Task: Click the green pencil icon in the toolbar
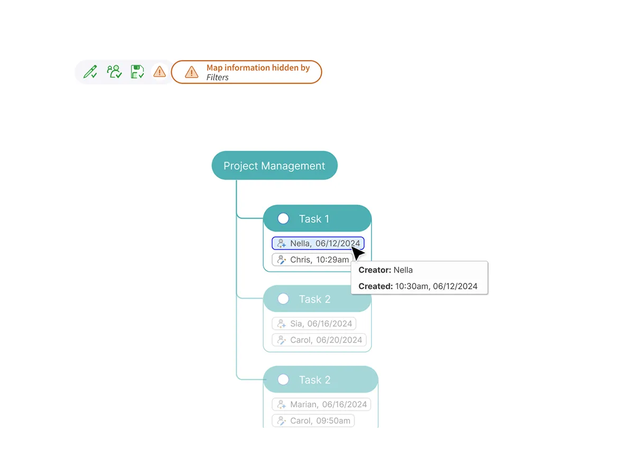[90, 72]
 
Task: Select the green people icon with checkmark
[114, 71]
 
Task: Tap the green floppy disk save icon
[137, 72]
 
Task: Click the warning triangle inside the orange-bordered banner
[191, 72]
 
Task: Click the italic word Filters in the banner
[217, 78]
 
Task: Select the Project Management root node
[274, 166]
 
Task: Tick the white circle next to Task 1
[283, 219]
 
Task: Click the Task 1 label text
[314, 219]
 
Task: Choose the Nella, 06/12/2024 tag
[318, 243]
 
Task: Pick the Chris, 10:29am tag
[312, 260]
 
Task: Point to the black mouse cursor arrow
[358, 253]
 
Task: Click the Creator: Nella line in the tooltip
[385, 270]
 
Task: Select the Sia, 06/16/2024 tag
[314, 323]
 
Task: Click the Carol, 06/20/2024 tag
[319, 340]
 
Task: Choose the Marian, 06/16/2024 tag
[321, 405]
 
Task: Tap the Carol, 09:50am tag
[313, 420]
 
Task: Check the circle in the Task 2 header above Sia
[283, 299]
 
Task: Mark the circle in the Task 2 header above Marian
[283, 380]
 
